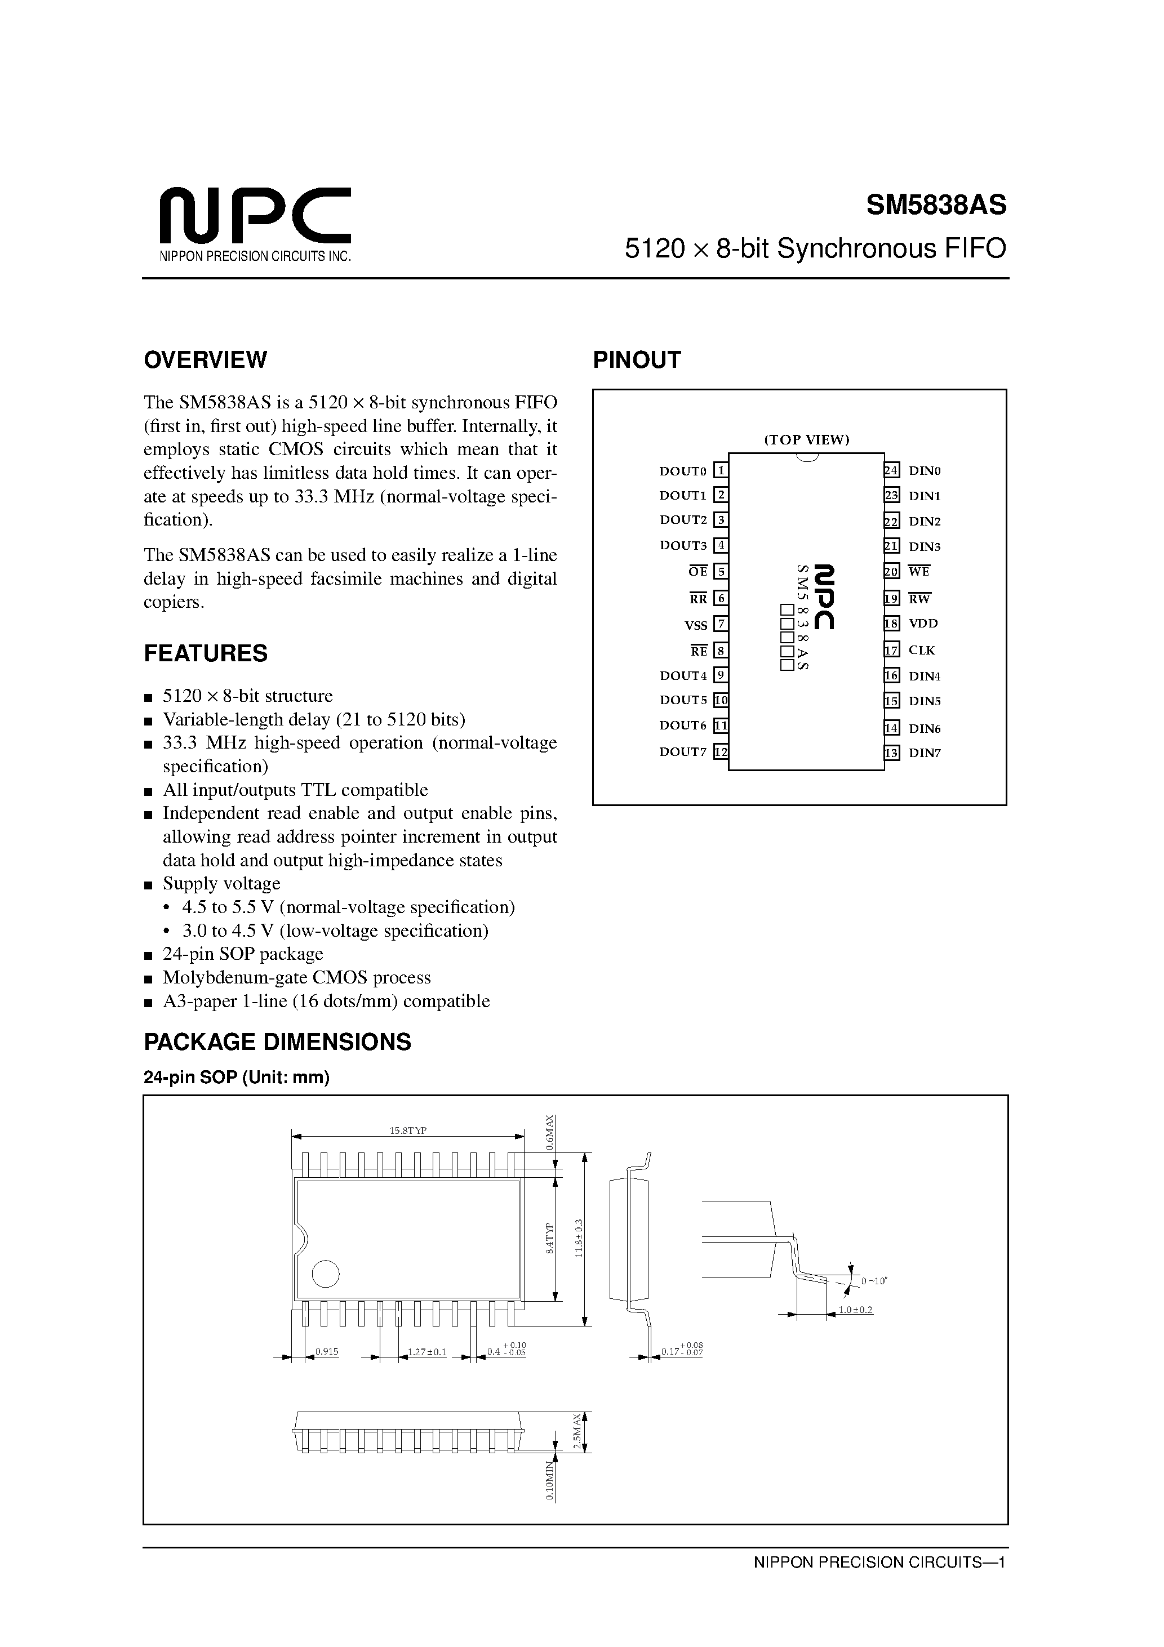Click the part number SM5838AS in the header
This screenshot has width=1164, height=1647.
click(x=936, y=206)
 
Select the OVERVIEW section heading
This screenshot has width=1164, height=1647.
click(x=205, y=359)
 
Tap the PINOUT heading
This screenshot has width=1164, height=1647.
click(x=636, y=359)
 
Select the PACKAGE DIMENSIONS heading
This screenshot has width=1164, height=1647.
click(x=277, y=1041)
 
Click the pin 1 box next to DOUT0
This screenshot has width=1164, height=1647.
click(x=721, y=470)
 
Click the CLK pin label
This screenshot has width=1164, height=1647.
click(x=921, y=650)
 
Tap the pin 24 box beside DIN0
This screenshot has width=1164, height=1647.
click(x=891, y=470)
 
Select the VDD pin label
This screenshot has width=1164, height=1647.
click(x=923, y=624)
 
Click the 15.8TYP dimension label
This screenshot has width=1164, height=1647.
click(x=407, y=1130)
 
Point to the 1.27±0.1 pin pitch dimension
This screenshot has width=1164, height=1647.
click(x=427, y=1352)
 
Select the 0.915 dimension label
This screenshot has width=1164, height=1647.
click(x=327, y=1352)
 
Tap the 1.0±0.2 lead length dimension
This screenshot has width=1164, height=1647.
click(x=855, y=1310)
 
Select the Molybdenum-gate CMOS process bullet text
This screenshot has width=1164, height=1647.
click(x=296, y=978)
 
